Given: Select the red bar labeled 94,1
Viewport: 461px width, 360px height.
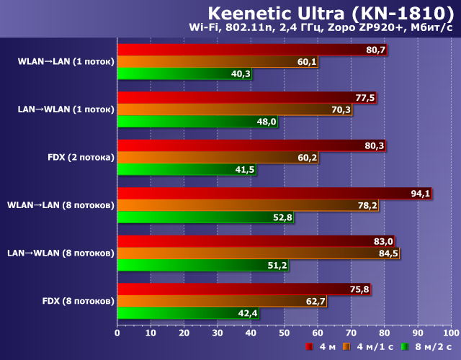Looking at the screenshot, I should click(x=274, y=193).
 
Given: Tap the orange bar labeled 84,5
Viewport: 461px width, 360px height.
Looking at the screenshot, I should click(x=258, y=253).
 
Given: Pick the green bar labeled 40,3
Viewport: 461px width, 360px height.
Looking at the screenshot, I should click(x=184, y=73).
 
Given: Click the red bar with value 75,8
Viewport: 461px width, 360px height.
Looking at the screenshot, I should click(x=243, y=289).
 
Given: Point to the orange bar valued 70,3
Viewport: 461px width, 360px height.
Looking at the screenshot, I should click(x=234, y=109).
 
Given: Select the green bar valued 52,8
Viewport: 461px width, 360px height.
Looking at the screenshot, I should click(x=205, y=217).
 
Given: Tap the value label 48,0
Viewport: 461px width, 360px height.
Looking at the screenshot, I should click(x=267, y=122).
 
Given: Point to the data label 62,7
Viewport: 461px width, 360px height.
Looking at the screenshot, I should click(x=315, y=301).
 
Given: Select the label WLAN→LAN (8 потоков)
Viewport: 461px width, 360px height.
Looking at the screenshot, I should click(x=61, y=205).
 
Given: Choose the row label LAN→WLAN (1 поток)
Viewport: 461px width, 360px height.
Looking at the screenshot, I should click(x=66, y=109).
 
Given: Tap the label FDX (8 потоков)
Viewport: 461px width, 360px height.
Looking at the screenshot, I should click(x=79, y=301).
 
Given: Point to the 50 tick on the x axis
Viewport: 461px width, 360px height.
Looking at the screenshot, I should click(x=284, y=334).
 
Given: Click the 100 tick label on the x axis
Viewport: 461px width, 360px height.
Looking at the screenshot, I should click(x=450, y=334).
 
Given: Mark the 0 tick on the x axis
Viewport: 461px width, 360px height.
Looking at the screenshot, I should click(x=117, y=334).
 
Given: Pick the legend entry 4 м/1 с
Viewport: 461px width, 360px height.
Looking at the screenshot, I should click(x=375, y=347).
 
